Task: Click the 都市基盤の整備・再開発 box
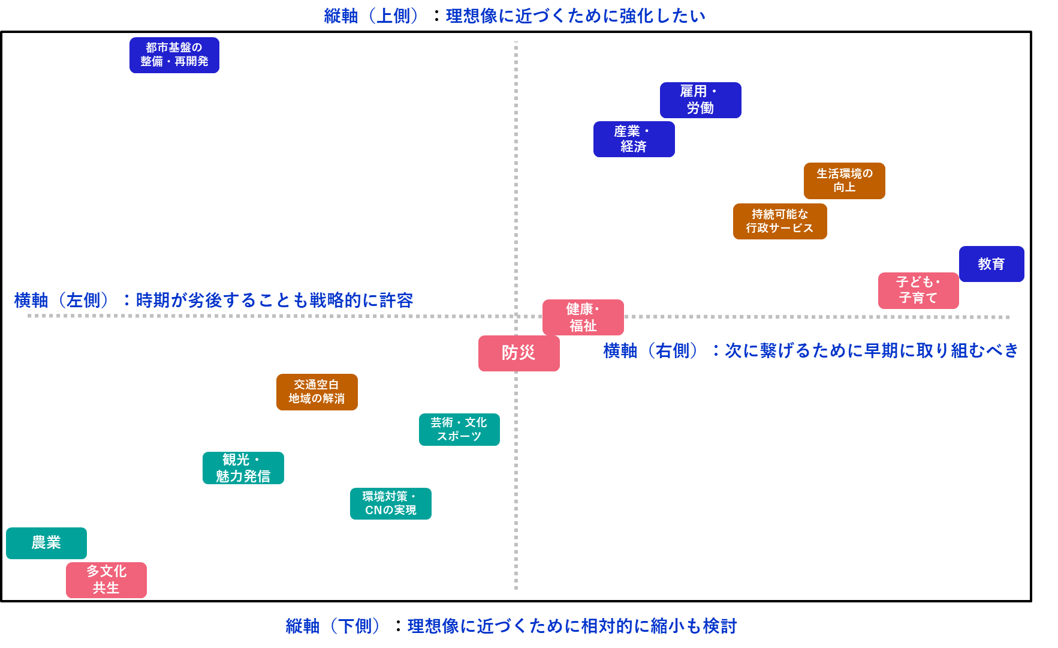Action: pyautogui.click(x=174, y=55)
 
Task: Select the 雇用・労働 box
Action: pyautogui.click(x=700, y=100)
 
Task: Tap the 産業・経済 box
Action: pyautogui.click(x=634, y=139)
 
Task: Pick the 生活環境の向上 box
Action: pyautogui.click(x=844, y=181)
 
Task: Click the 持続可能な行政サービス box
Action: pyautogui.click(x=779, y=221)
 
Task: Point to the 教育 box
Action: pyautogui.click(x=991, y=264)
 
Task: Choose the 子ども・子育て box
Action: pyautogui.click(x=918, y=290)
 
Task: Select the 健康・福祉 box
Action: pyautogui.click(x=583, y=317)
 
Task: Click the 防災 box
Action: pyautogui.click(x=519, y=353)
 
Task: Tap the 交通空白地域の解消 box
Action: pyautogui.click(x=317, y=392)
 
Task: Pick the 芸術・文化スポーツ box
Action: pyautogui.click(x=459, y=430)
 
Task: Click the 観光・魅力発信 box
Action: pyautogui.click(x=243, y=468)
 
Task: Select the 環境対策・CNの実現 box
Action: pyautogui.click(x=390, y=503)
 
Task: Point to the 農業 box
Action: pyautogui.click(x=46, y=543)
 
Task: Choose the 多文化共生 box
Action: pyautogui.click(x=106, y=580)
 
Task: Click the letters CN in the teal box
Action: pyautogui.click(x=373, y=511)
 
